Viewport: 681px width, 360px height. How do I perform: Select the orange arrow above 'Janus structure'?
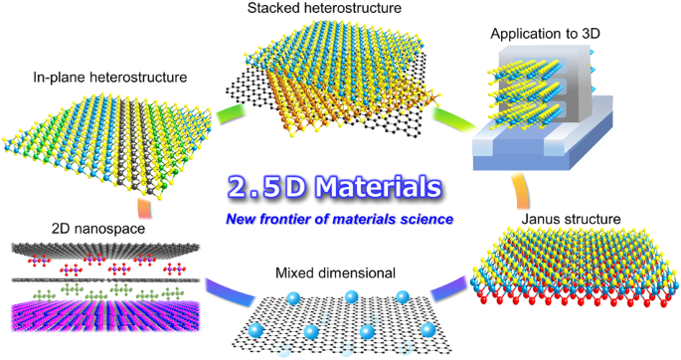(x=521, y=190)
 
